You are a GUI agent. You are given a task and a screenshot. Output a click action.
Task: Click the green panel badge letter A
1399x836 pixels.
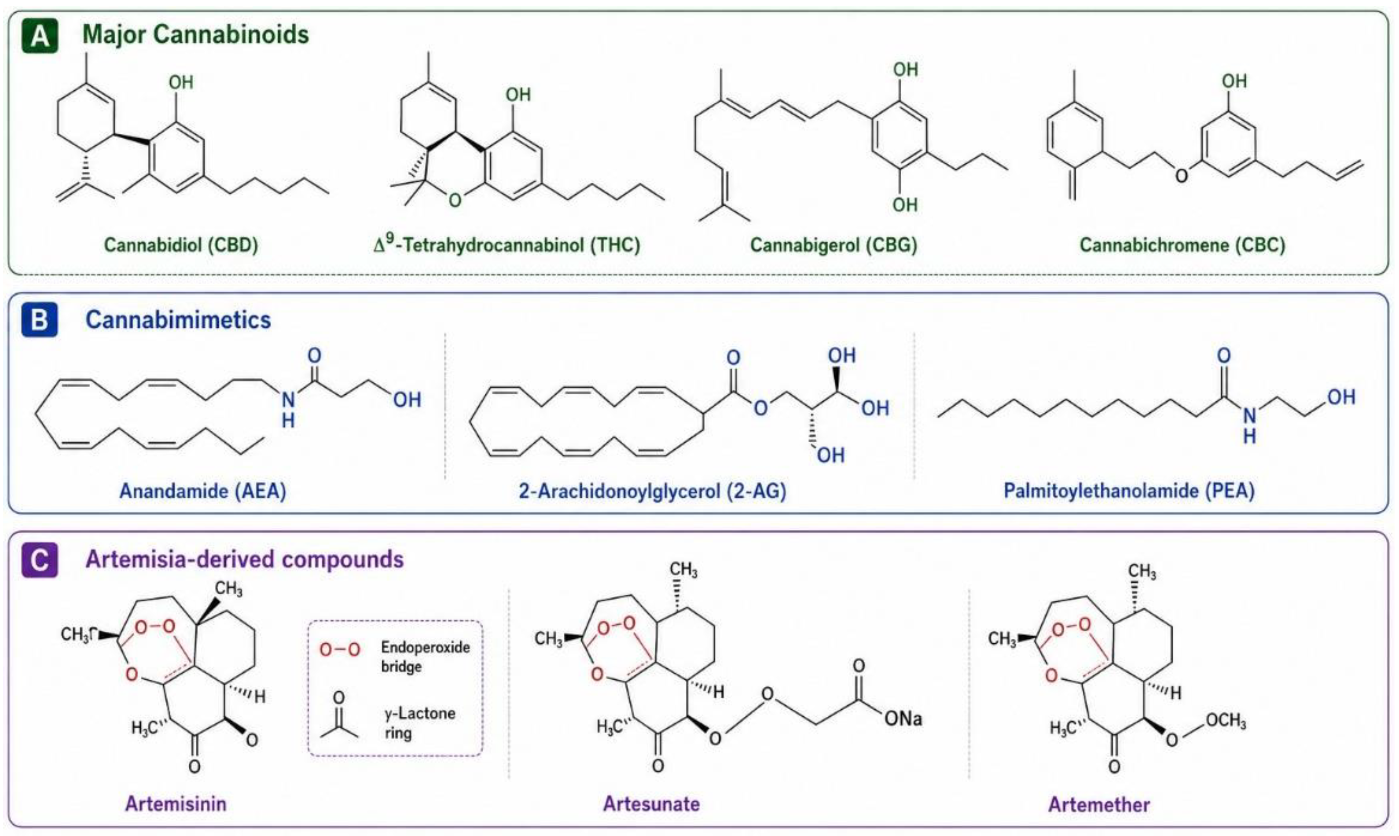coord(40,37)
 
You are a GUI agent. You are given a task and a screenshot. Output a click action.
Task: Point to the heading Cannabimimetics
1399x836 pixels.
coord(178,320)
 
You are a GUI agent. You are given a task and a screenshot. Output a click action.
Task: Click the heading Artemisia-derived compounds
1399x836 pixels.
coord(245,559)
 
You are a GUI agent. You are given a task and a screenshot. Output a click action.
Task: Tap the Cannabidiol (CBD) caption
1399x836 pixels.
coord(181,245)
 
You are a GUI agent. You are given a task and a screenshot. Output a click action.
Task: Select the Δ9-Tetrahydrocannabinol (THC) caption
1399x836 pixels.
coord(507,243)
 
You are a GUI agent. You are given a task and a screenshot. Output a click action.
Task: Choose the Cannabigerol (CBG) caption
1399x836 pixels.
coord(834,245)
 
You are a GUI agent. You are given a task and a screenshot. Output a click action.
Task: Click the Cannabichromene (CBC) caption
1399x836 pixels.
coord(1182,245)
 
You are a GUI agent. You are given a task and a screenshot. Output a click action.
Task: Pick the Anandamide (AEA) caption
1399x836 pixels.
coord(203,491)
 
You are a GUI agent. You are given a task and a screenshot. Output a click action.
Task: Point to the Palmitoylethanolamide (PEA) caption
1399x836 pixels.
coord(1129,491)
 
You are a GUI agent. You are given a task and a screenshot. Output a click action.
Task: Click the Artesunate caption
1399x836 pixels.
coord(651,803)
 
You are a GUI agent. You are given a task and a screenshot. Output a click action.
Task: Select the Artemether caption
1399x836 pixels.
coord(1099,804)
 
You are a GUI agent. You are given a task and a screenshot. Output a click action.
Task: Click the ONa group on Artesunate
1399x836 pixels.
coord(903,719)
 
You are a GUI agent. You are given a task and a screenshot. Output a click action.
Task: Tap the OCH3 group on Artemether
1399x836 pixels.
coord(1226,722)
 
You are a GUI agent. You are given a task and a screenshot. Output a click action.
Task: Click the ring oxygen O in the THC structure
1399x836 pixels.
coord(455,199)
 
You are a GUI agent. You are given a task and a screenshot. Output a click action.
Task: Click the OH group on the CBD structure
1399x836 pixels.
coord(181,82)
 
